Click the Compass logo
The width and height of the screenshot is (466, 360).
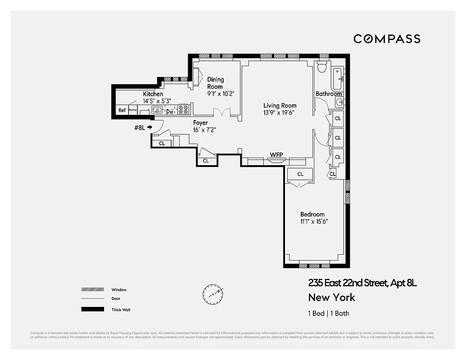point(387,39)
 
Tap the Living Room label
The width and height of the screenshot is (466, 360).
point(280,106)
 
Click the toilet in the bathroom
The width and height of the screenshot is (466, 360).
point(321,67)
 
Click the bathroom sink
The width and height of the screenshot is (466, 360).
point(339,103)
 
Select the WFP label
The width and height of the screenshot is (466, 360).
point(276,155)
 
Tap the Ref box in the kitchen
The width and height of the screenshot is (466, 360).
point(122,110)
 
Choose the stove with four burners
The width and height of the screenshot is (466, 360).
point(183,109)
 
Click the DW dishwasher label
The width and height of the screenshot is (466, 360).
point(170,112)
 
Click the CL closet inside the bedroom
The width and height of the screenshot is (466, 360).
point(300,174)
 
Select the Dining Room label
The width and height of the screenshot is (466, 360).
point(215,83)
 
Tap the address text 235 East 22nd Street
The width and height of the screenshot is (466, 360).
point(347,283)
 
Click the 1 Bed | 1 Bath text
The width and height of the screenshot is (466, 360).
point(329,314)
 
